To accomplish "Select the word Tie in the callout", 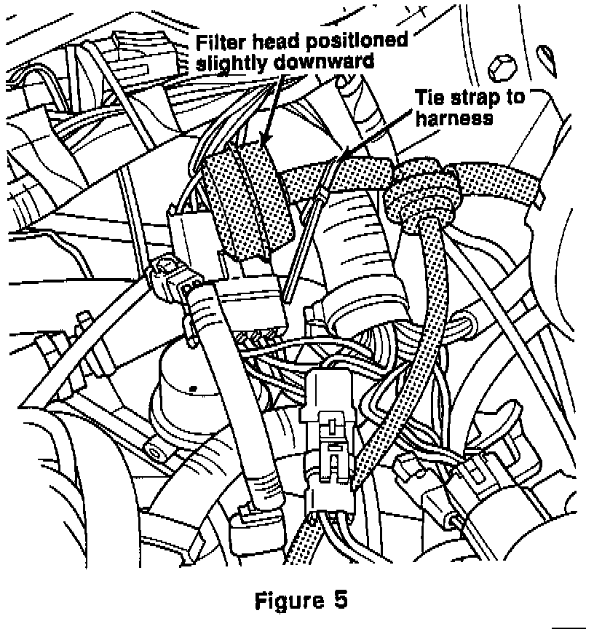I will (430, 98).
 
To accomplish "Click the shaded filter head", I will (240, 200).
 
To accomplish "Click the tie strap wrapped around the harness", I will (336, 175).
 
